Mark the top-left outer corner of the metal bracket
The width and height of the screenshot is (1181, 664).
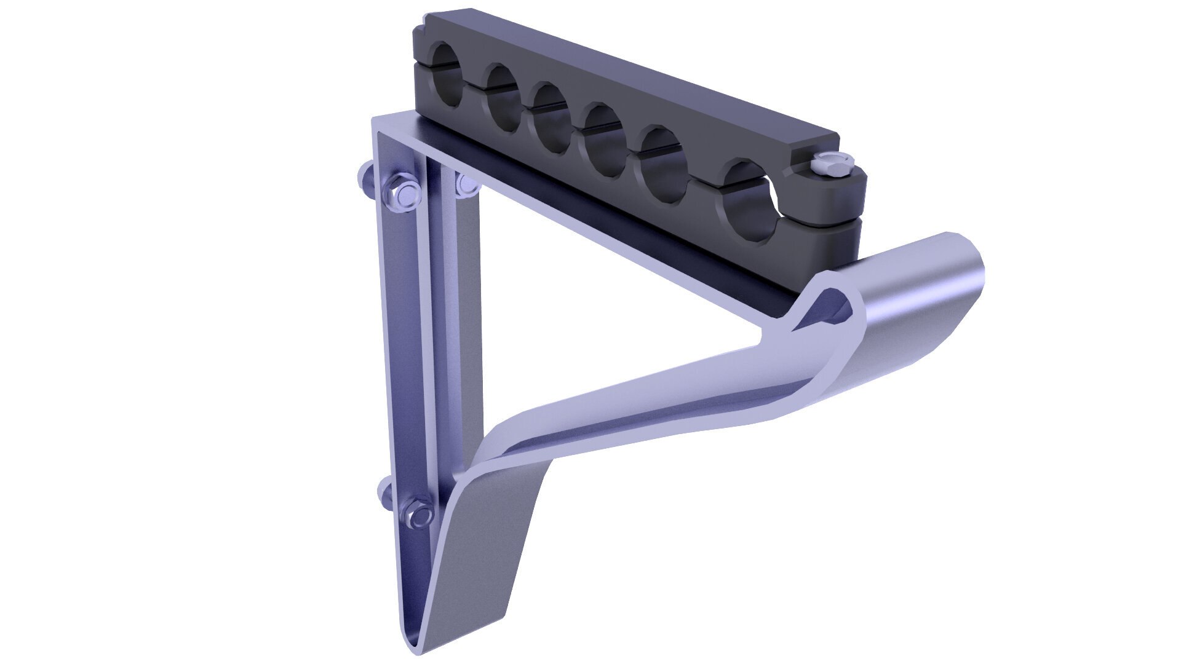[x=373, y=119]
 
